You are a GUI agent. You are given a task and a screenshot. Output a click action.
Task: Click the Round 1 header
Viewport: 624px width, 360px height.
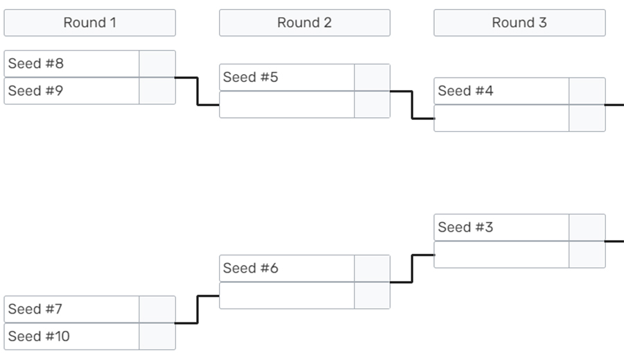point(89,23)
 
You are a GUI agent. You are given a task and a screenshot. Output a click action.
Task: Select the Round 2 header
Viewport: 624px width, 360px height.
point(304,23)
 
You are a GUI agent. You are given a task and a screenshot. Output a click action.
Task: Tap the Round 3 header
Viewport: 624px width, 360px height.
point(519,23)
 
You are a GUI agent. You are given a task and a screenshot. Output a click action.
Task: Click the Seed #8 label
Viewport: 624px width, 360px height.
point(36,63)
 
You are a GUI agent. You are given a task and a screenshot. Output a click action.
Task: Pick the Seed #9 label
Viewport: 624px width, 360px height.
point(35,91)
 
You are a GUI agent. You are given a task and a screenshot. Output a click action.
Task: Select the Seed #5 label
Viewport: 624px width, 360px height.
point(250,77)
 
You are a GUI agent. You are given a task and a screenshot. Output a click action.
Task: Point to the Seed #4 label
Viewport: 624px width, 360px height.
point(465,91)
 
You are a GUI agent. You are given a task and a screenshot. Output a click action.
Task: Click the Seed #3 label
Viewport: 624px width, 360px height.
point(465,228)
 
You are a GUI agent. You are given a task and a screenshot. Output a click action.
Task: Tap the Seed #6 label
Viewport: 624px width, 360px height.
point(250,268)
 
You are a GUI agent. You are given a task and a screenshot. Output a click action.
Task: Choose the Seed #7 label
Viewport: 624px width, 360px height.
point(35,309)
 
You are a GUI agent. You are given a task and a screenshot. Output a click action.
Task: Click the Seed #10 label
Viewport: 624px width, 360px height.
point(39,336)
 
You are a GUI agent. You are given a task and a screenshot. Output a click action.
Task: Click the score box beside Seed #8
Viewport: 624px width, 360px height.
point(157,64)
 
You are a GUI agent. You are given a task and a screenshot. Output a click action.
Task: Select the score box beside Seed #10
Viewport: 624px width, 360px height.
point(157,336)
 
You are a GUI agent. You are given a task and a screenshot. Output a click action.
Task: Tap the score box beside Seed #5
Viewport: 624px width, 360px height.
point(372,77)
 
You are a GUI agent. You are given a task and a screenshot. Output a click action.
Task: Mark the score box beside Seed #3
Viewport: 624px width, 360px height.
point(587,228)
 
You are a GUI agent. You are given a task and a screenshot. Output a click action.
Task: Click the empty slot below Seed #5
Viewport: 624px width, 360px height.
point(286,105)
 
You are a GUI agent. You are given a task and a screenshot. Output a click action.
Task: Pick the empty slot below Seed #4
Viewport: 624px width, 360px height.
point(501,119)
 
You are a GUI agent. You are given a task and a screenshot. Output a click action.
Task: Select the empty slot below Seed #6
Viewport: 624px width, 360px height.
point(286,296)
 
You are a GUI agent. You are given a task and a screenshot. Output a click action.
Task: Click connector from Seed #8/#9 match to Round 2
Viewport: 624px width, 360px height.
point(198,91)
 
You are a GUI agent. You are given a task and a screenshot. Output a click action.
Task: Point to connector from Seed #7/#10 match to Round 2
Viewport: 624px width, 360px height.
point(198,309)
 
